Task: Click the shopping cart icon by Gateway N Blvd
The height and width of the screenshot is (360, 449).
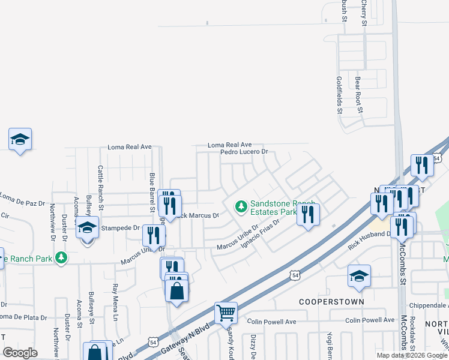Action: click(x=226, y=312)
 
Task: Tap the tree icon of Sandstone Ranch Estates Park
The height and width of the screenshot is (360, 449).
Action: click(x=241, y=207)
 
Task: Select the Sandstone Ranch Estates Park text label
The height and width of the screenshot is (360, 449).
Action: click(x=273, y=208)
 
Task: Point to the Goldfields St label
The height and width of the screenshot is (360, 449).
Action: click(x=339, y=95)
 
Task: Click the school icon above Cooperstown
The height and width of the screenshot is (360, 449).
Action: click(x=360, y=275)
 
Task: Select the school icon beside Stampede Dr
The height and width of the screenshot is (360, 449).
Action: click(x=88, y=227)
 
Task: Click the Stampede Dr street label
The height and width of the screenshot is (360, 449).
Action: click(x=120, y=228)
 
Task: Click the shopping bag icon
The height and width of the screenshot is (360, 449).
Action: click(x=177, y=292)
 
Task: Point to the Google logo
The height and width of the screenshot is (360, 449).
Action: click(x=20, y=353)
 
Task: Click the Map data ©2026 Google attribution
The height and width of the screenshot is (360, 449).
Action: click(x=411, y=355)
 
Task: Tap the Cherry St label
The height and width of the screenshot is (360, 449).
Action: click(x=364, y=12)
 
